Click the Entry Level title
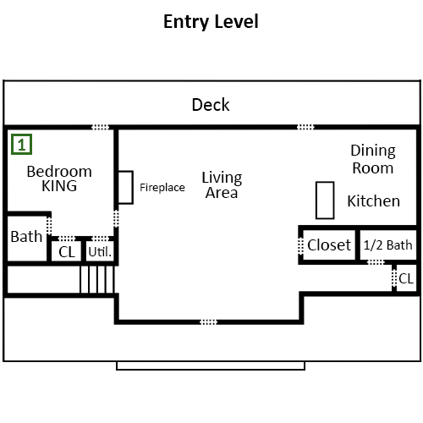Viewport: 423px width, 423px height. [211, 22]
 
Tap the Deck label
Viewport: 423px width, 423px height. [211, 105]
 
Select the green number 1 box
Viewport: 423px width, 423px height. [21, 145]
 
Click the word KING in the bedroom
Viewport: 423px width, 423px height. [59, 186]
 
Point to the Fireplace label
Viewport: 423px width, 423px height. [162, 188]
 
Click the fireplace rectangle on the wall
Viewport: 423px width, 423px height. [125, 187]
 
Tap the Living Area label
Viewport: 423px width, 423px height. [222, 185]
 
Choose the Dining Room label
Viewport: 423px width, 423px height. [373, 159]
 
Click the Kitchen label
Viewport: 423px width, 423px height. [373, 201]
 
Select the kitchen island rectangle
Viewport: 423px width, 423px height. [325, 201]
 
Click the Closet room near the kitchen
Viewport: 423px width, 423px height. [329, 244]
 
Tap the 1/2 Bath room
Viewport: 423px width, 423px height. [388, 244]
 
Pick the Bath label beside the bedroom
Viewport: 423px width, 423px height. [26, 237]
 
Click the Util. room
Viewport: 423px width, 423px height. [100, 251]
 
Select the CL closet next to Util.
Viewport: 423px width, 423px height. [67, 251]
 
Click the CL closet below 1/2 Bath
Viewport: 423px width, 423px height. [406, 278]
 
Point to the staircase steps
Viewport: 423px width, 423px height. [97, 279]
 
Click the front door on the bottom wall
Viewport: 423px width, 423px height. [209, 322]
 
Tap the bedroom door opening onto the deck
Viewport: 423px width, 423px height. [101, 127]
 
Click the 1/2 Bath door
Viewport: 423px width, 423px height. [376, 262]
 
